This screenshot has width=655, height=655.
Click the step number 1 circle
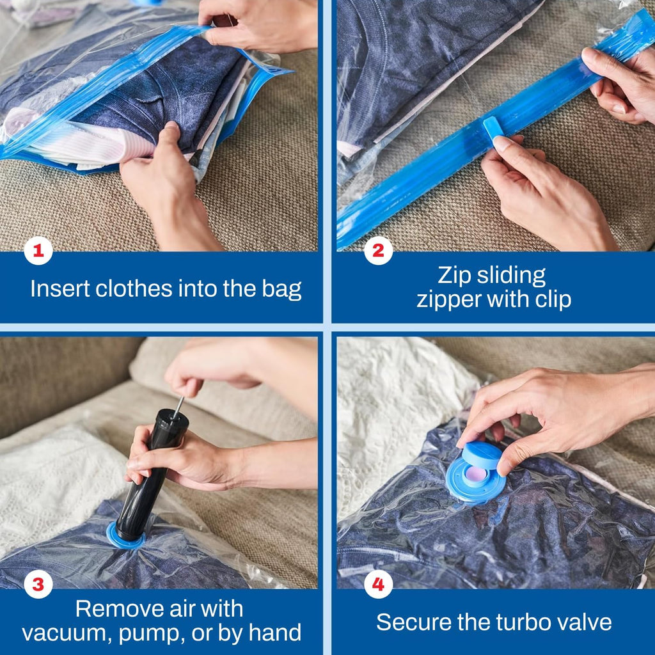[x=38, y=251]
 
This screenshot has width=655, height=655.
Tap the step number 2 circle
[x=378, y=251]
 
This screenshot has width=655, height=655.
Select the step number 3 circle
[x=38, y=584]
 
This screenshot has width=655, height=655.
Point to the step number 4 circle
[x=378, y=584]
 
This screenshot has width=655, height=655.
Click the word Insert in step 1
[x=60, y=289]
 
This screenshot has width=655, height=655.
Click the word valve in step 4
[x=581, y=622]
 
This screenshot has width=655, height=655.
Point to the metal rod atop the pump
[x=180, y=404]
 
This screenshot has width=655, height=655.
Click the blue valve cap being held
[x=483, y=455]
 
